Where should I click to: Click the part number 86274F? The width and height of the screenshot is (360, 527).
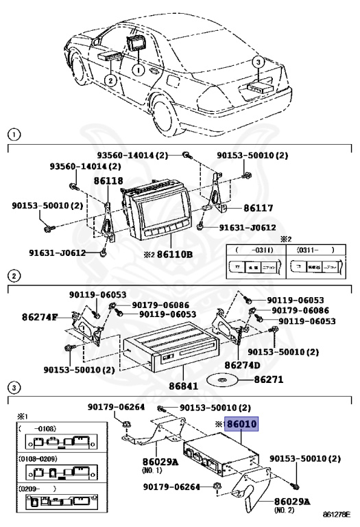[40, 317]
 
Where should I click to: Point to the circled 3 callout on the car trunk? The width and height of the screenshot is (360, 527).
[258, 62]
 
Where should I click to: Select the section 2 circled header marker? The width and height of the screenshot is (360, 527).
[13, 276]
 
